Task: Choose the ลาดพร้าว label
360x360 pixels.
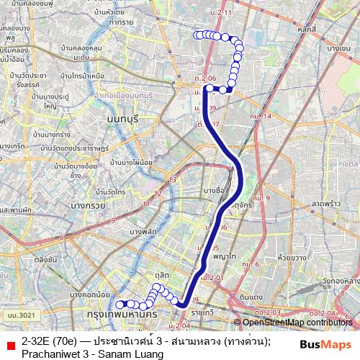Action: point(329,205)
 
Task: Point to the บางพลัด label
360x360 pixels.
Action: point(143,231)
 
